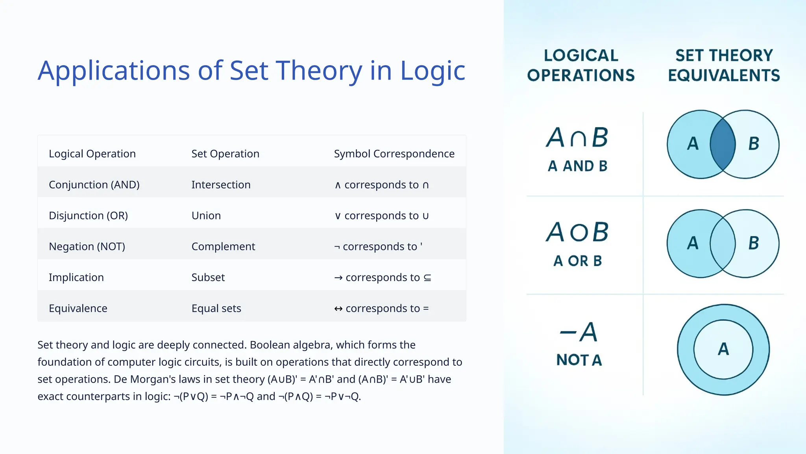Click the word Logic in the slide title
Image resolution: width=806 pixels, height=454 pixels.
432,71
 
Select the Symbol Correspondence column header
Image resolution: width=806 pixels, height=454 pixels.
394,154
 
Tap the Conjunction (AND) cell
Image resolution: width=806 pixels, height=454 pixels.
94,185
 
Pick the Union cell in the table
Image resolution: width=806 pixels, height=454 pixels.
206,216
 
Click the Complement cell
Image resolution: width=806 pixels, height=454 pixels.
223,247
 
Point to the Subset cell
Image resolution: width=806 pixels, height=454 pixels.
208,277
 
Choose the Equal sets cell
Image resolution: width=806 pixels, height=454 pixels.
216,309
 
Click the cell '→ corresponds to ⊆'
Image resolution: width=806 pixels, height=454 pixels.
383,277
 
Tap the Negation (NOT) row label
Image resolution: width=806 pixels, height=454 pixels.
87,247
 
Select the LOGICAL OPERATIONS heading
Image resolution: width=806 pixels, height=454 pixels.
581,65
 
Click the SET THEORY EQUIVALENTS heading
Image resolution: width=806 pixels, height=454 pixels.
724,65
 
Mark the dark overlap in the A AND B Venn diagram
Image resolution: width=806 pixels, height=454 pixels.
723,144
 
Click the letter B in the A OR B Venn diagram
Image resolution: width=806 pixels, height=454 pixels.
753,243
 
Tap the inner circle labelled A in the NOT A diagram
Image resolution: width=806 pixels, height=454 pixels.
723,349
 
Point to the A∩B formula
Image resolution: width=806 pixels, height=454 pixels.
577,138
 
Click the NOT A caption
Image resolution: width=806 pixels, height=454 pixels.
579,360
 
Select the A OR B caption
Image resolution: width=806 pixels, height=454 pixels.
577,261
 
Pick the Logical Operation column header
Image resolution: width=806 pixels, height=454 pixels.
92,154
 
